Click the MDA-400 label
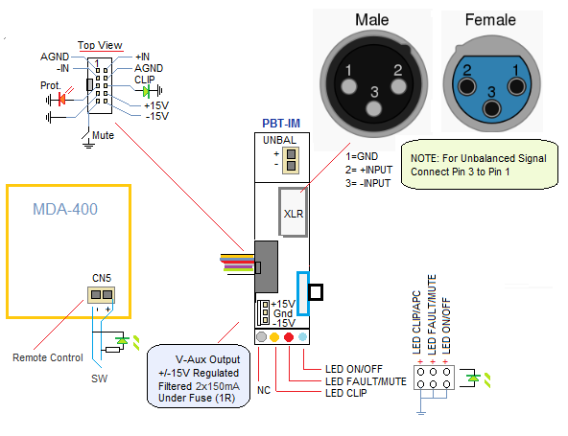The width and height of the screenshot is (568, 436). (x=65, y=209)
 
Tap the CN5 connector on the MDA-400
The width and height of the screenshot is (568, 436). (x=102, y=294)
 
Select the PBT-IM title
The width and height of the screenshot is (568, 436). (x=281, y=124)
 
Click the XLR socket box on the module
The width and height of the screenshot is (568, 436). (x=293, y=212)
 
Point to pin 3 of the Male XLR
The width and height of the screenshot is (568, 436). (x=374, y=108)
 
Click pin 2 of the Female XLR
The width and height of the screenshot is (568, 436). (x=466, y=87)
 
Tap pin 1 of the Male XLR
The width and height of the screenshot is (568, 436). (x=348, y=86)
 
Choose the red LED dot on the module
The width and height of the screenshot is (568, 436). (x=289, y=337)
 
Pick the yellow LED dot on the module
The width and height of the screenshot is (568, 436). (x=274, y=337)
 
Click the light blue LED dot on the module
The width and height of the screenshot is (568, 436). (x=303, y=337)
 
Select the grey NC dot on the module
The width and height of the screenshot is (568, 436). (x=261, y=337)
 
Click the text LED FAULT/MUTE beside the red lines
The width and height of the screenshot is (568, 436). (x=366, y=381)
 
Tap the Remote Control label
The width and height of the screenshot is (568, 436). (x=48, y=357)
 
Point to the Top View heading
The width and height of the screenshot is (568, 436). (x=100, y=45)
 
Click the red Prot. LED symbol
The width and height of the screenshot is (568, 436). (x=61, y=99)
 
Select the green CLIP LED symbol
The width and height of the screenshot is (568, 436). (x=146, y=91)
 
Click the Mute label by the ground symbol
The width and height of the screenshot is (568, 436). (x=103, y=135)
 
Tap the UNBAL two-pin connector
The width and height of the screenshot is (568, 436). (x=291, y=160)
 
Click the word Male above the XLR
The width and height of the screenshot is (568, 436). (x=372, y=20)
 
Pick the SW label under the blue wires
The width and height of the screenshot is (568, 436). (x=99, y=379)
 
